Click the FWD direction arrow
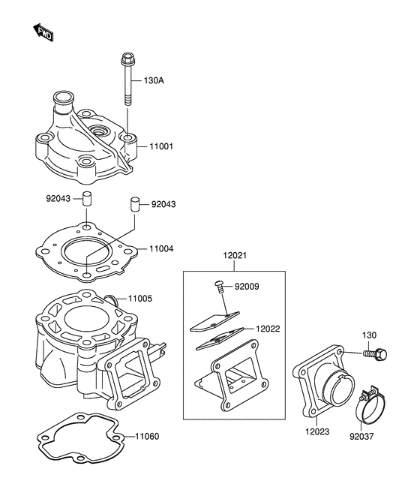point(43,32)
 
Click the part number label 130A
point(154,81)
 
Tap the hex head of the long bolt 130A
point(127,57)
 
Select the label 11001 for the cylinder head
point(161,146)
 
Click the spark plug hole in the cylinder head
point(100,131)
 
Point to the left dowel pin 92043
point(87,198)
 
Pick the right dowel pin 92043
point(134,204)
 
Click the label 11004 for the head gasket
point(161,249)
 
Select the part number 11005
point(140,299)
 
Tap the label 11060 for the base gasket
point(147,437)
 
